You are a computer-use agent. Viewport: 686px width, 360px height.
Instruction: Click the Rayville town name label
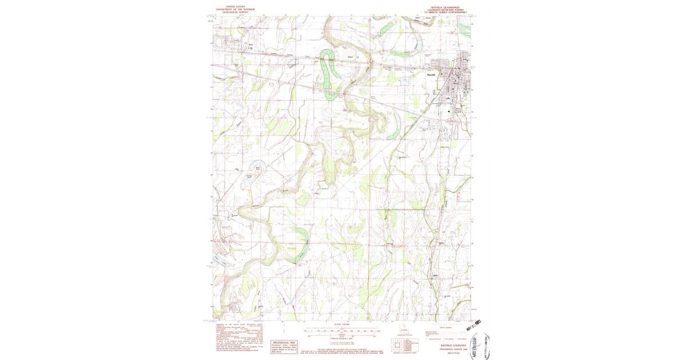[x=432, y=75]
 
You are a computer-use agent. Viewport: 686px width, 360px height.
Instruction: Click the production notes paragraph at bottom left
[x=240, y=338]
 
